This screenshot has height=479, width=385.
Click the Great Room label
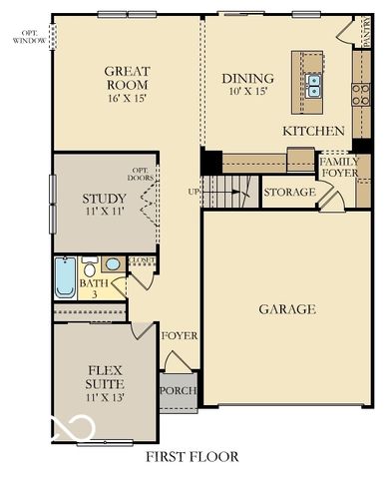pyautogui.click(x=127, y=78)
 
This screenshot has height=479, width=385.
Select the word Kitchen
pyautogui.click(x=313, y=131)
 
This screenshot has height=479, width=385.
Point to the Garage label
pyautogui.click(x=287, y=309)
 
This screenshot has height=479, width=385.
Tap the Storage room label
pyautogui.click(x=289, y=191)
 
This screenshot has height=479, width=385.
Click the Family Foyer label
pyautogui.click(x=339, y=167)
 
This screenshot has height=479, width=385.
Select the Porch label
pyautogui.click(x=179, y=390)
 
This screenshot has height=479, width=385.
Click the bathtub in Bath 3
pyautogui.click(x=65, y=277)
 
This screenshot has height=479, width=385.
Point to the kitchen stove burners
pyautogui.click(x=360, y=94)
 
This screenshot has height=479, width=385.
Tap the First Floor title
pyautogui.click(x=192, y=458)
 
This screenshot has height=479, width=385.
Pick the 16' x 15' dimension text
pyautogui.click(x=127, y=100)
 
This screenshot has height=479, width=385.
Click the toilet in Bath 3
pyautogui.click(x=91, y=269)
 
